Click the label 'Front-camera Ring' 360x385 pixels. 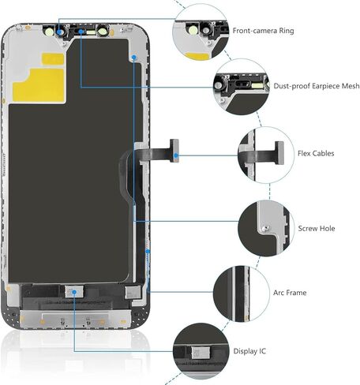(263, 31)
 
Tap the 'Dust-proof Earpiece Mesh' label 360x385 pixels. (317, 86)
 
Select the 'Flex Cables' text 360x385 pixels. (316, 153)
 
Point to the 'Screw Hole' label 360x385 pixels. (317, 228)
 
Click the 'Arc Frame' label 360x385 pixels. (290, 293)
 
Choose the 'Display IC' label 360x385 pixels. (249, 351)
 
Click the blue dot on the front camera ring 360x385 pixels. (60, 32)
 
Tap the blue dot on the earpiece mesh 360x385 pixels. (81, 32)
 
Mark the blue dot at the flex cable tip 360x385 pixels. (176, 155)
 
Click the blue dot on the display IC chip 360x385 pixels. (74, 292)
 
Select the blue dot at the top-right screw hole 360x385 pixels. (134, 57)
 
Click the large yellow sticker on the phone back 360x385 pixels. (39, 84)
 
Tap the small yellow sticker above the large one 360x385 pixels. (53, 59)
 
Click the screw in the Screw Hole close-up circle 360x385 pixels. (266, 228)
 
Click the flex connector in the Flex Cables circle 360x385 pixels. (279, 153)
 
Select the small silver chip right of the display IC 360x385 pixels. (133, 293)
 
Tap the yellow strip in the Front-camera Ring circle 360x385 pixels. (197, 56)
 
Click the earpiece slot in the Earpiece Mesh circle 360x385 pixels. (242, 84)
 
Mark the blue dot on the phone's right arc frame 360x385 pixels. (148, 252)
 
